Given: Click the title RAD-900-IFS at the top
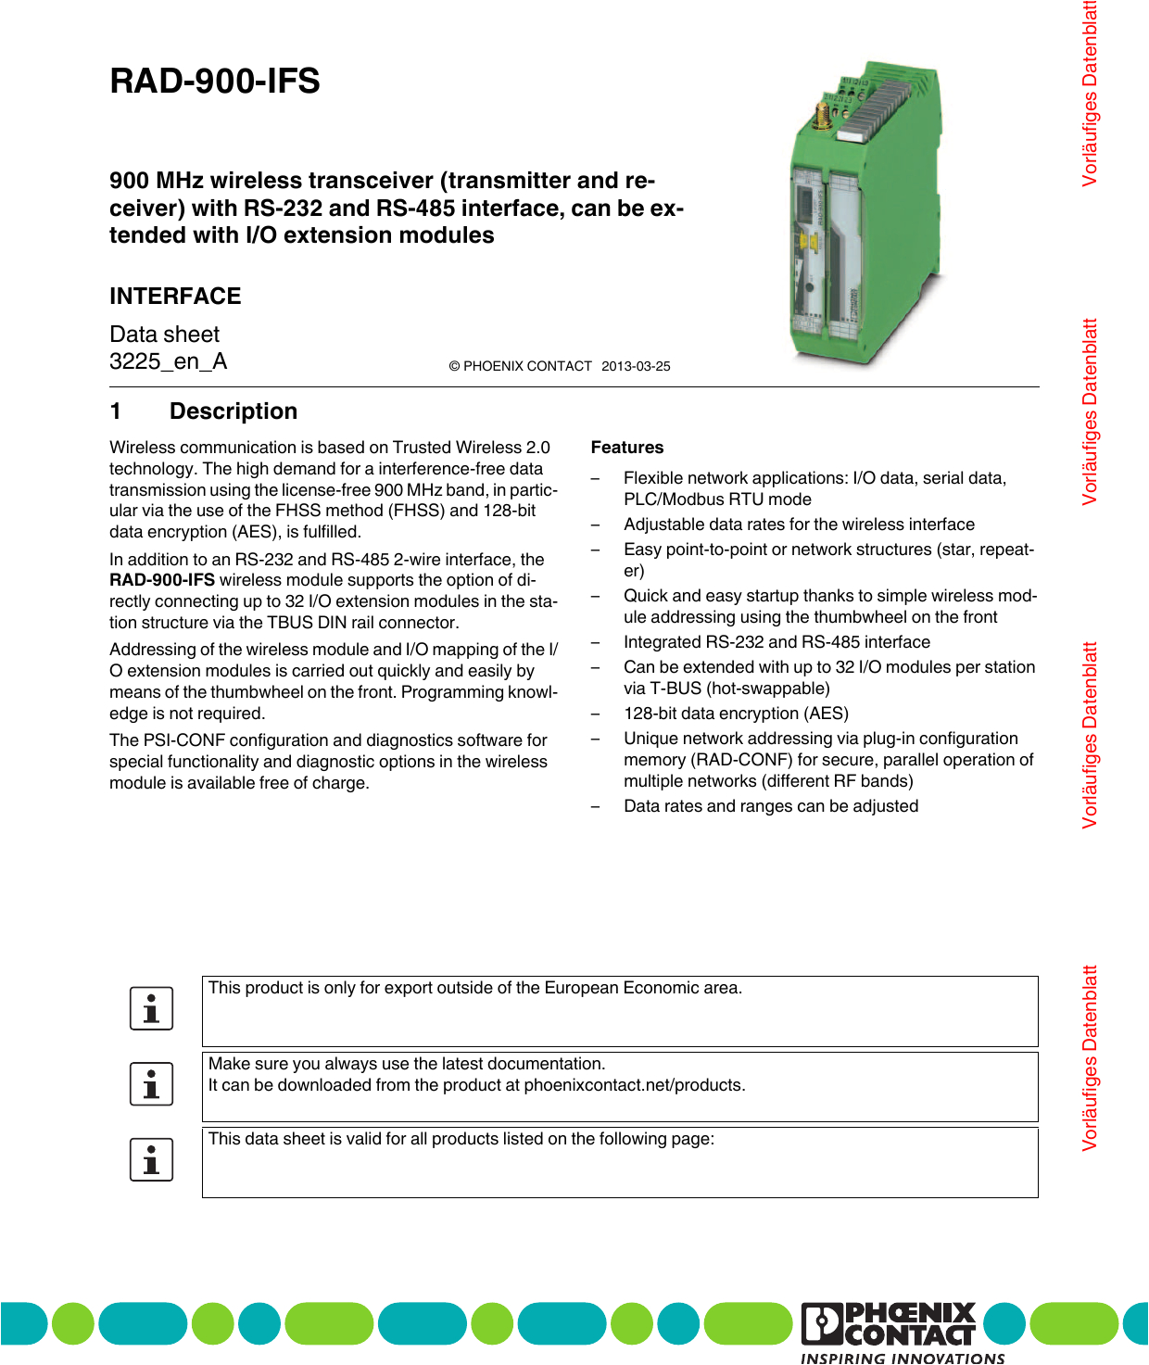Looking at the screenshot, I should coord(214,82).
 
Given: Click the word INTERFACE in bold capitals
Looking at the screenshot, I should coord(175,297).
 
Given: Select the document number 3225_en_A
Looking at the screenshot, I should coord(168,361).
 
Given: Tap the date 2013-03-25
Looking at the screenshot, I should coord(636,366).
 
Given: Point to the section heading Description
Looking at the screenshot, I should coord(234,411).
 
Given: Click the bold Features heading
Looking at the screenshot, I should coord(627,448).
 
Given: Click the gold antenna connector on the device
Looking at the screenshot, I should coord(821,116).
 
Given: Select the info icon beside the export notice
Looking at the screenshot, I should coord(152,1009).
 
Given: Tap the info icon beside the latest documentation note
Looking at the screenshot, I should coord(152,1084).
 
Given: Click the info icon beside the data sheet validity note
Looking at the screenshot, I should coord(152,1159).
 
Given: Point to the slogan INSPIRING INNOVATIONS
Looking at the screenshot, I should coord(903,1358).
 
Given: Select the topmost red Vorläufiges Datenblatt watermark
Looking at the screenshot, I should coord(1090,93).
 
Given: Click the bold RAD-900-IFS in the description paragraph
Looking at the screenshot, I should coord(162,580).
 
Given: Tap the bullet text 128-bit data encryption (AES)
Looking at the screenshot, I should coord(736,714).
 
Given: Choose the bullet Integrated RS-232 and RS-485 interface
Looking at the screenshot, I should coord(777,642).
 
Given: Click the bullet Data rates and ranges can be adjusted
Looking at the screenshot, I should coord(771,806).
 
